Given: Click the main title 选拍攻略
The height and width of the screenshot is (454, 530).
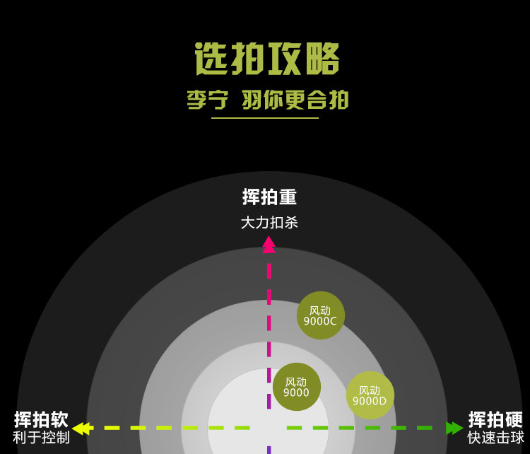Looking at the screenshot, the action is tap(267, 59).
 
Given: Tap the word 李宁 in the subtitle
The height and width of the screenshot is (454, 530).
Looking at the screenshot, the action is tap(207, 100).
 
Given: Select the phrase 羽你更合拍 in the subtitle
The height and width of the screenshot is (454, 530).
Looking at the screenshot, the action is tap(295, 100).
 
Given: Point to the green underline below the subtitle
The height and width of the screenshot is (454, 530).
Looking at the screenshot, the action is tap(265, 118).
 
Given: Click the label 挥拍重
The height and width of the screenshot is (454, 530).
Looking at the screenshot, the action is tap(269, 197).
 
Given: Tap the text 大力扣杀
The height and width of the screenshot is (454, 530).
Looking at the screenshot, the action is tap(269, 223).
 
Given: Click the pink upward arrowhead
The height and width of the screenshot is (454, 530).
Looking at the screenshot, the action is tap(269, 244).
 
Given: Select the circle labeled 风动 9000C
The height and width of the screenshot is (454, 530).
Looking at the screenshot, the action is tap(320, 315).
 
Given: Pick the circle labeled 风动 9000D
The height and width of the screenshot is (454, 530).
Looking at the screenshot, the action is tap(370, 395).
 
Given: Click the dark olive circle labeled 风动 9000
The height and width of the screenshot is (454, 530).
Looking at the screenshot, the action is tap(296, 387).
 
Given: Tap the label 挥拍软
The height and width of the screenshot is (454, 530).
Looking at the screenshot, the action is tap(41, 419).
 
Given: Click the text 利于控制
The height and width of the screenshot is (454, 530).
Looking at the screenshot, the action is tap(41, 438).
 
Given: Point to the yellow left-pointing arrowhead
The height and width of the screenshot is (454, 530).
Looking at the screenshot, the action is tap(79, 428).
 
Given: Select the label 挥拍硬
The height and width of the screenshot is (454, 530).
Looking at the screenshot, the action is tap(495, 419).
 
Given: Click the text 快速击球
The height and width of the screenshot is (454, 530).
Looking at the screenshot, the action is tap(495, 438).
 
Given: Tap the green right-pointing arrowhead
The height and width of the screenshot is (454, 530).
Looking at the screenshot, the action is tap(454, 428).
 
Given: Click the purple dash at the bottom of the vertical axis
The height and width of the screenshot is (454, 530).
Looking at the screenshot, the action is tap(269, 449).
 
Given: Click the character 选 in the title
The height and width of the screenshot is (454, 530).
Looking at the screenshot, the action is tap(212, 59).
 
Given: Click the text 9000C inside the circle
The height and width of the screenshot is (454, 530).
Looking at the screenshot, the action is tap(320, 322).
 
